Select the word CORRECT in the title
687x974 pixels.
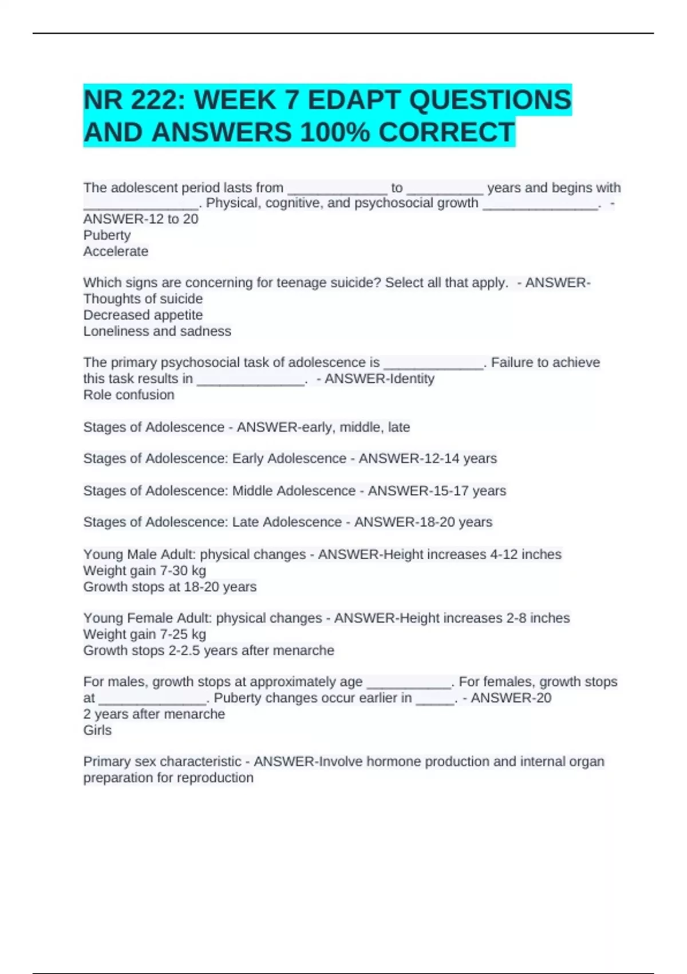click(446, 133)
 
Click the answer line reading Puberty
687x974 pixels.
click(107, 235)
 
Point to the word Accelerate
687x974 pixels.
click(116, 251)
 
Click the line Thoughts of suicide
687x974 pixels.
click(143, 299)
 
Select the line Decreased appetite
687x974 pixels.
click(143, 315)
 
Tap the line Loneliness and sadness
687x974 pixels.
click(157, 331)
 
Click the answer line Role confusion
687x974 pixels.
click(129, 395)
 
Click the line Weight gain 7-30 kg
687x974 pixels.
click(144, 571)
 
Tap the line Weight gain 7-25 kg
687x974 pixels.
click(144, 634)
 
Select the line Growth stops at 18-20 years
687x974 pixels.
click(169, 587)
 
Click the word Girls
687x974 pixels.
click(97, 730)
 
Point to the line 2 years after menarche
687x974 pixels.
click(154, 714)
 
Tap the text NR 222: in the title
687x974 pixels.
click(135, 100)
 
